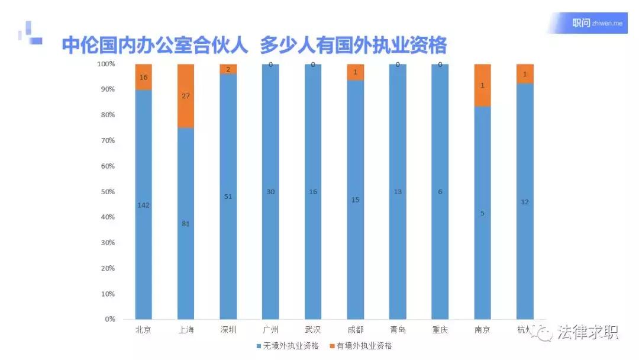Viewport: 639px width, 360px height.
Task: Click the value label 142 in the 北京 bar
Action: (x=144, y=205)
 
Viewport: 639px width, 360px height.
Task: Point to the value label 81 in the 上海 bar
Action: (x=186, y=224)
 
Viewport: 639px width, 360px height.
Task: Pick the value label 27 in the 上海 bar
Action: (x=186, y=96)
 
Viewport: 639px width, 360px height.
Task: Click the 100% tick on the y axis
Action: (x=106, y=64)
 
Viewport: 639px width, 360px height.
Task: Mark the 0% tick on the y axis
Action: (x=109, y=320)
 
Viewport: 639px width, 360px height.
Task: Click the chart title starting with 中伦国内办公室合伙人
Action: (x=254, y=45)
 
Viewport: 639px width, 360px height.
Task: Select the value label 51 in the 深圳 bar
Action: (x=228, y=197)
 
